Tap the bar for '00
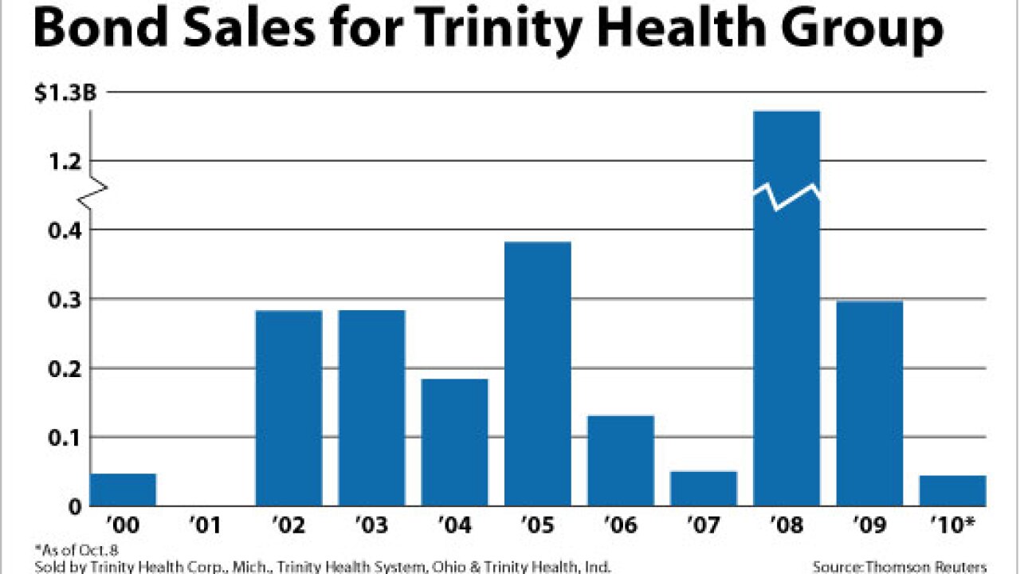pyautogui.click(x=123, y=489)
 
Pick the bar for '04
pyautogui.click(x=455, y=442)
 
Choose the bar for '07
pyautogui.click(x=704, y=488)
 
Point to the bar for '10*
pyautogui.click(x=952, y=490)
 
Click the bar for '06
pyautogui.click(x=621, y=460)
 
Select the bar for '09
pyautogui.click(x=869, y=403)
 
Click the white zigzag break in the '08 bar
pyautogui.click(x=787, y=195)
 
